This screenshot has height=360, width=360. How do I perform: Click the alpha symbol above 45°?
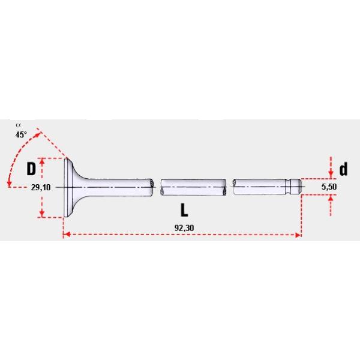click(x=18, y=126)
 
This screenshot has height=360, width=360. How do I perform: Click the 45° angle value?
click(x=22, y=134)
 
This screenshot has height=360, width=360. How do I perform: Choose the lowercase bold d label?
click(x=343, y=170)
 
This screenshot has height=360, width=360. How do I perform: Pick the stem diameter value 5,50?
click(x=329, y=188)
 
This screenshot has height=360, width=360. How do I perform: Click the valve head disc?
click(x=66, y=187)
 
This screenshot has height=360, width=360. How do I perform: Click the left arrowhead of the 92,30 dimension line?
click(x=65, y=235)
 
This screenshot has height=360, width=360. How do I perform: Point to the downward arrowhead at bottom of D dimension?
click(x=42, y=214)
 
